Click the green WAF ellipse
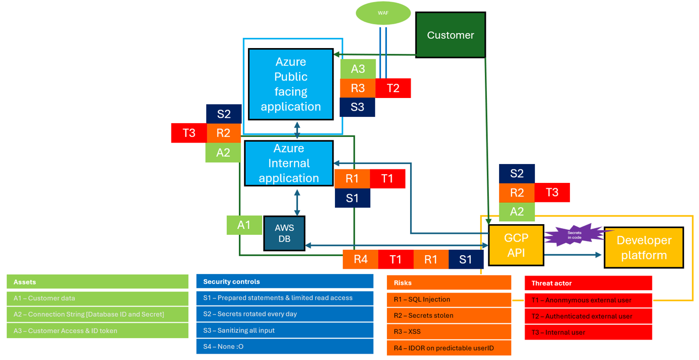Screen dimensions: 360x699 point(383,13)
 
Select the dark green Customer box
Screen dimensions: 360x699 point(450,35)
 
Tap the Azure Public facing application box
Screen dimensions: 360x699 point(291,84)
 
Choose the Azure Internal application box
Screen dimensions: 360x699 point(288,163)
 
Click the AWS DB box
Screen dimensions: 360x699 point(284,233)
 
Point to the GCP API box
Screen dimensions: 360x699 point(516,245)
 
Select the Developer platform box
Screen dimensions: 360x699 point(644,247)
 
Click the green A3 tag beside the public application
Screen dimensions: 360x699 point(358,69)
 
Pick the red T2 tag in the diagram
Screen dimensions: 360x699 point(393,88)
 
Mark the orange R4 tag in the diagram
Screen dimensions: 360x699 point(360,260)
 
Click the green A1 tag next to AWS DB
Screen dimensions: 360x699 point(244,225)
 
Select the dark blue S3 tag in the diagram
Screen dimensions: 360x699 point(357,107)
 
